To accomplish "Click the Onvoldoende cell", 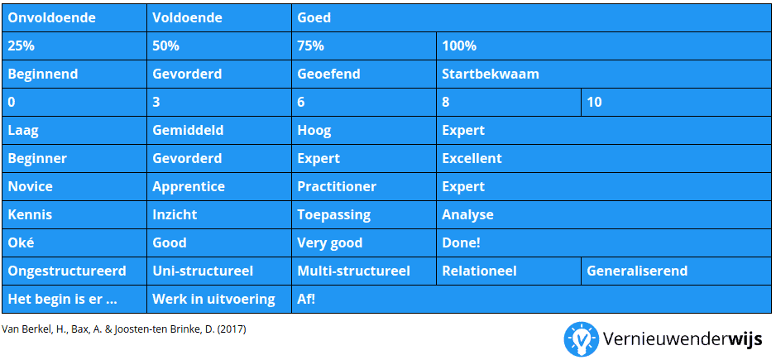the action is coord(74,18).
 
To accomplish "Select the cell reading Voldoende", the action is coord(219,18).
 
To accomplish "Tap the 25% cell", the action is coord(74,46).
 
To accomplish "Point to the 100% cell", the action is coord(604,46).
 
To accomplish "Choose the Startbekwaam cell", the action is coord(604,74).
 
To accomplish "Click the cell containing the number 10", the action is coord(676,103).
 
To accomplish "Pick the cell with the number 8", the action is coord(509,103).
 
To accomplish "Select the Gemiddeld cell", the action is coord(219,130).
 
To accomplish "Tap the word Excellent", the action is coord(472,158).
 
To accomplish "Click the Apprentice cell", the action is coord(219,187).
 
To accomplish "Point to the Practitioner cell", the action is coord(364,187).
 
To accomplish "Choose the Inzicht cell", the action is coord(219,215).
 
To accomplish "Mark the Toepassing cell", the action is coord(364,215).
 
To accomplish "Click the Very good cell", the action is coord(364,242).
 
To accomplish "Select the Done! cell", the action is coord(604,242).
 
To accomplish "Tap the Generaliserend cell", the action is coord(676,271).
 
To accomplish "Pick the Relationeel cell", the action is coord(509,271).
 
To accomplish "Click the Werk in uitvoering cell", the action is coord(219,299).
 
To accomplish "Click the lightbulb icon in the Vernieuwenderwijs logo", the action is coord(582,339).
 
